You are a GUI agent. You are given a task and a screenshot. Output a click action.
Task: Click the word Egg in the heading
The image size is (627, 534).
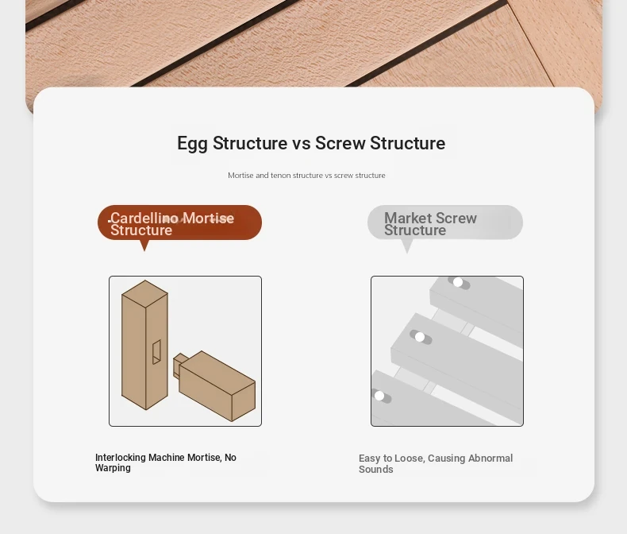192,144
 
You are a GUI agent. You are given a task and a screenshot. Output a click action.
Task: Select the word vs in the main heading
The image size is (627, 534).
301,144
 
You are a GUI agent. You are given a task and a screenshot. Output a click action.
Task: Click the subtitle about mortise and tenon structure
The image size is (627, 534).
306,176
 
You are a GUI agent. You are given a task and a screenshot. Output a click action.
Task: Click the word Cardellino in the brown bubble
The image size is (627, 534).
144,218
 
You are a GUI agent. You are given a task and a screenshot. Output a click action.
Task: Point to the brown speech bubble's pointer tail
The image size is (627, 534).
144,246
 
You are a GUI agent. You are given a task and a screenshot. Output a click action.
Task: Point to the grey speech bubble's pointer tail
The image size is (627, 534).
406,246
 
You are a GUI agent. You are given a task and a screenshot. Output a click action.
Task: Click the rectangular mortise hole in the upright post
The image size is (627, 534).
156,352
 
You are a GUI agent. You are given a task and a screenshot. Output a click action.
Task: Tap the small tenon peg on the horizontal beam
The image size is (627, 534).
179,364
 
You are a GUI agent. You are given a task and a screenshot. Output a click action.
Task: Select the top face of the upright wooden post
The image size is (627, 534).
144,293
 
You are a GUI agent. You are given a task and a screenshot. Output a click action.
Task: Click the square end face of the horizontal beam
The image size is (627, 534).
244,401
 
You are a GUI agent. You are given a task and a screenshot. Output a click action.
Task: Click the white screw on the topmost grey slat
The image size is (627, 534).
458,282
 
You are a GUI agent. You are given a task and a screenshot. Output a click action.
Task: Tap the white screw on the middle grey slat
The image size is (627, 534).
420,337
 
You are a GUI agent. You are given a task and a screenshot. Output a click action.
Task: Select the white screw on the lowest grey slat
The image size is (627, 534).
379,396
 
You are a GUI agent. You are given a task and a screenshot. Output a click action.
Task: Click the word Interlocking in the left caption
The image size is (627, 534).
121,458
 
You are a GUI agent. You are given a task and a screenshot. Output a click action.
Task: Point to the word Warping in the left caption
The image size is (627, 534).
113,468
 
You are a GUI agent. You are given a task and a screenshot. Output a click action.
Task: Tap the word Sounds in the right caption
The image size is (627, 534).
376,469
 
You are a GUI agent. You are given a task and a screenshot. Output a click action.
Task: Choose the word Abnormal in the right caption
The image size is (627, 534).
490,458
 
